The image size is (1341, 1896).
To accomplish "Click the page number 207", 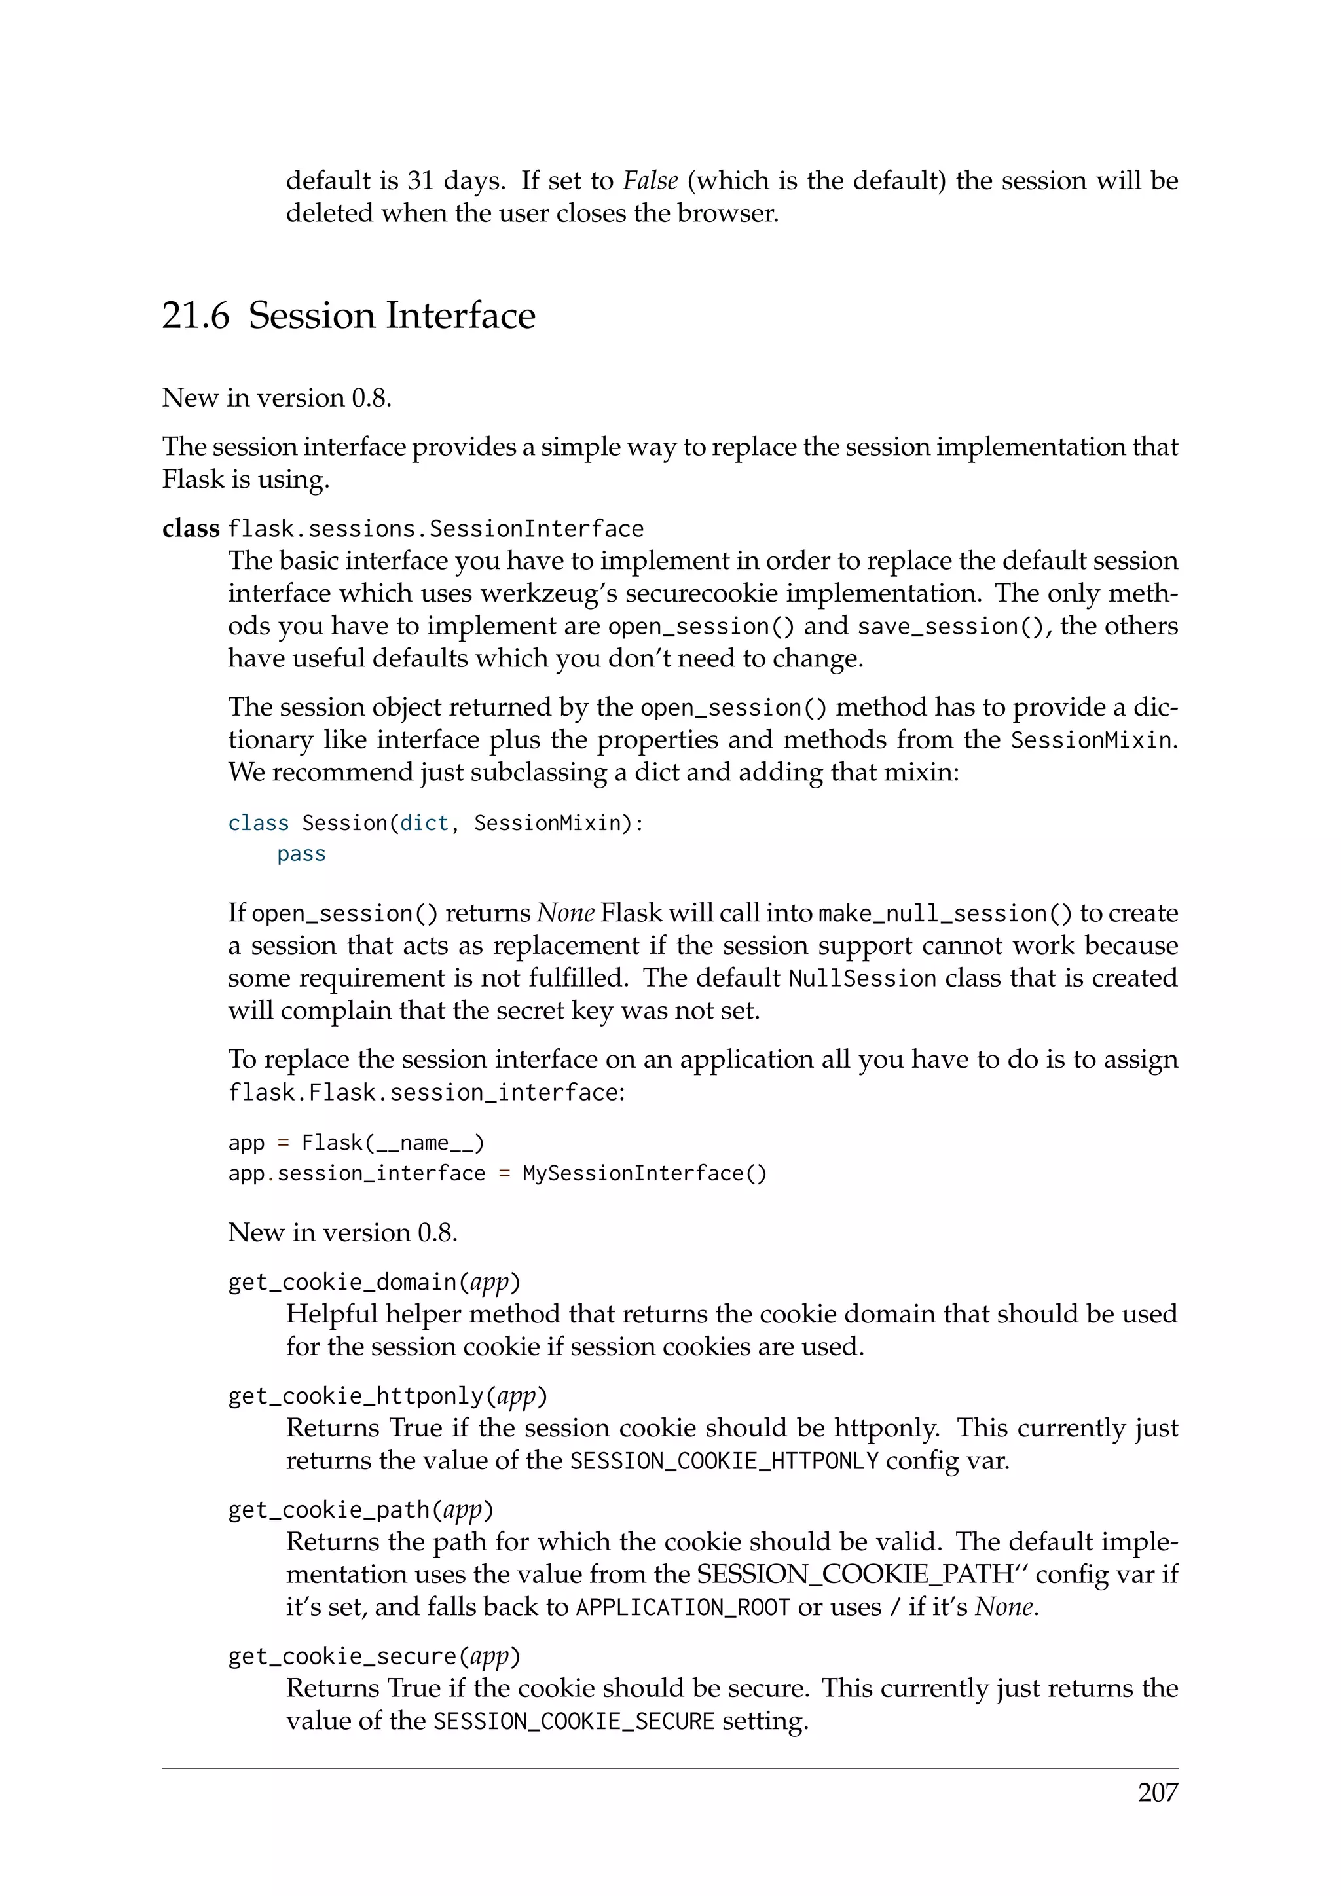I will coord(1157,1793).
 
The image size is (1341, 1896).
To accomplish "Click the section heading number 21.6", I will coord(196,316).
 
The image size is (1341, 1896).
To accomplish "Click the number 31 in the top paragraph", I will coord(420,181).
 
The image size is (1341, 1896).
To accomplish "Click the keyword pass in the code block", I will coord(301,854).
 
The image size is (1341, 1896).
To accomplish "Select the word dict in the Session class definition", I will coord(424,824).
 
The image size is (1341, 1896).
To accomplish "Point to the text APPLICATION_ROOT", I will coord(683,1608).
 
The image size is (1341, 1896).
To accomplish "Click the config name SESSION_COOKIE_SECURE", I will coord(573,1722).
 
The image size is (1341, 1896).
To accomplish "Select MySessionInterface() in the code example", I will coord(644,1173).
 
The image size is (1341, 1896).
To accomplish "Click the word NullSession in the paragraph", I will coord(862,979).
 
